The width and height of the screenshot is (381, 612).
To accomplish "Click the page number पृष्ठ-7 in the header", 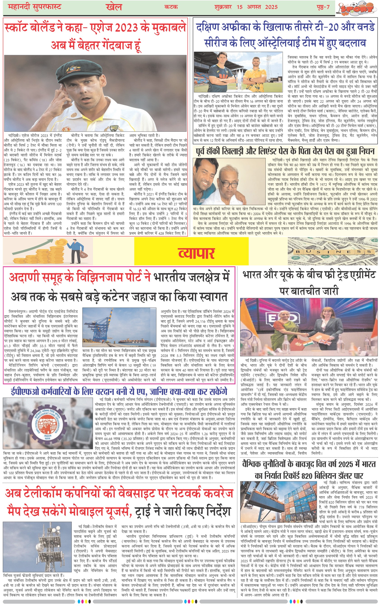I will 323,7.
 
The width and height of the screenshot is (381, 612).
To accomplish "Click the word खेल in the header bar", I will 114,7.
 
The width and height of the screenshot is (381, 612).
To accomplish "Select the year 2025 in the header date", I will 271,7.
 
